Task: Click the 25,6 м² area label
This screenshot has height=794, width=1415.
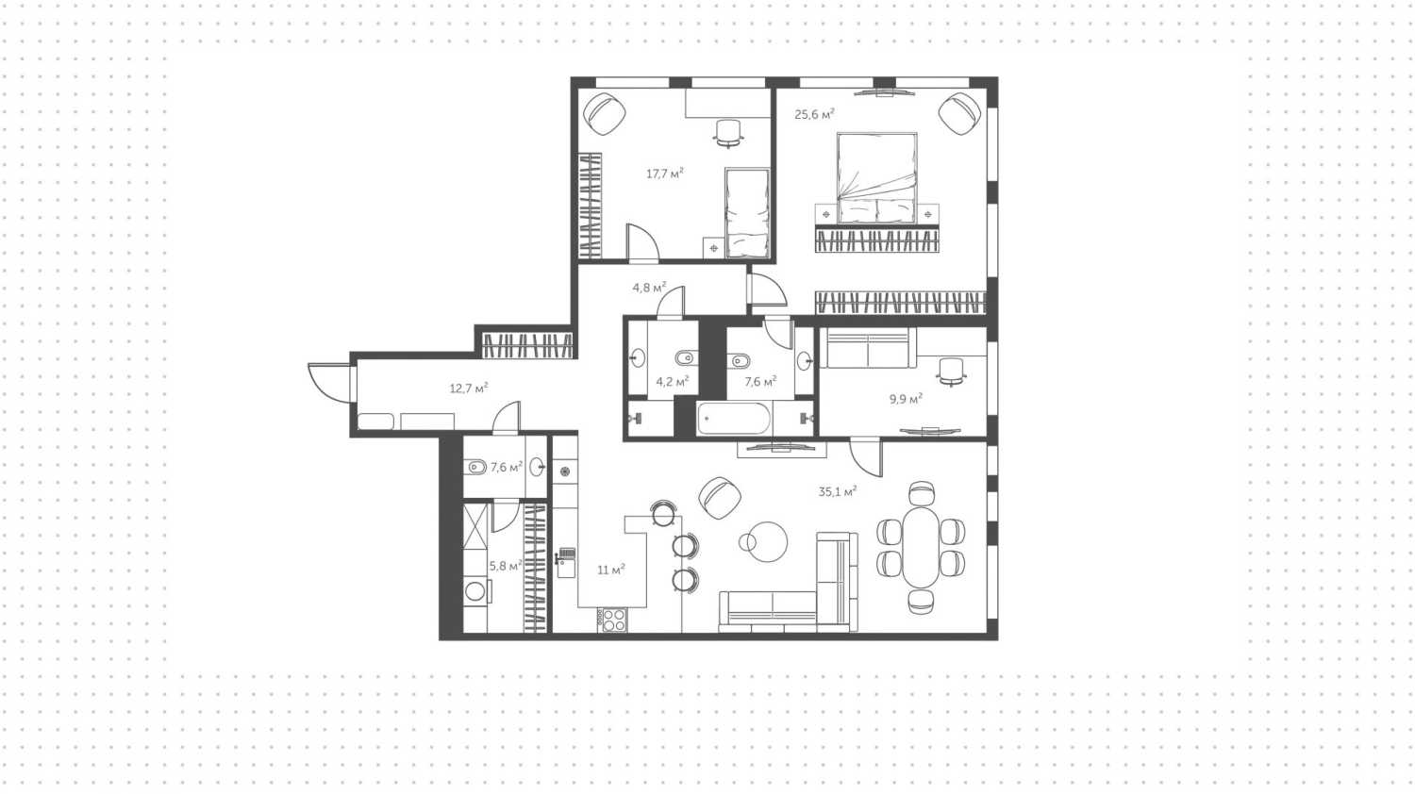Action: [x=814, y=115]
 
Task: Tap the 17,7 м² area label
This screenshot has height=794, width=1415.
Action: [x=664, y=174]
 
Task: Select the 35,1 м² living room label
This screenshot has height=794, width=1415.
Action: [x=837, y=491]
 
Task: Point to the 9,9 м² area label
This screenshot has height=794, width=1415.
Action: [x=906, y=399]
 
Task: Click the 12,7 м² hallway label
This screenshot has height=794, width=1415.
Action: [x=468, y=388]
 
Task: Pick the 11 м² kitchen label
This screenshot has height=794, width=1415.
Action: [x=611, y=570]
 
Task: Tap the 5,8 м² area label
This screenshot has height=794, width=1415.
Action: [x=505, y=566]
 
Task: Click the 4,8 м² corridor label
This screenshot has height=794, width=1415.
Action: [x=649, y=288]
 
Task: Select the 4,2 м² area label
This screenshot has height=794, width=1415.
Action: [x=672, y=382]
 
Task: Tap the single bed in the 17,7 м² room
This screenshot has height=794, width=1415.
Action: [x=747, y=213]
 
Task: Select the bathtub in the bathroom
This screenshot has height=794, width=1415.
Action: [x=734, y=418]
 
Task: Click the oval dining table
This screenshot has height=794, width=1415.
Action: [x=921, y=547]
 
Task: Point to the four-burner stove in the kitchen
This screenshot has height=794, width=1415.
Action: [x=614, y=620]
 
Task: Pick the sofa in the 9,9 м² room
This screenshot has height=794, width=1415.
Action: [x=867, y=348]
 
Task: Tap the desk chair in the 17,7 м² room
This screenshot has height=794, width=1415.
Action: [x=728, y=133]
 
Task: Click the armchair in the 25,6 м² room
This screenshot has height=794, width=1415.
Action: [x=959, y=113]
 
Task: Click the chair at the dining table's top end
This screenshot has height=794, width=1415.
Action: [x=921, y=493]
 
